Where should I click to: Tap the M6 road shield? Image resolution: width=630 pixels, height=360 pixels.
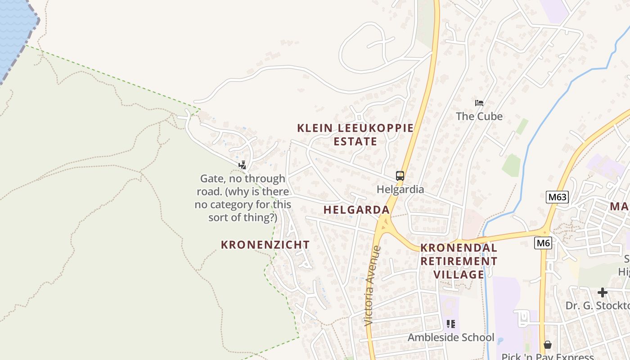tap(543, 243)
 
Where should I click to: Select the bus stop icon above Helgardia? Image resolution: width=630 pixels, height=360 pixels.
tap(400, 176)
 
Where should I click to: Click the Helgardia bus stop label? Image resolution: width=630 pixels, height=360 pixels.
tap(400, 189)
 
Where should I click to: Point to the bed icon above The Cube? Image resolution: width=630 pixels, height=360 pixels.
tap(479, 103)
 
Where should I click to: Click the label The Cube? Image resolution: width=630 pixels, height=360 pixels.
tap(479, 116)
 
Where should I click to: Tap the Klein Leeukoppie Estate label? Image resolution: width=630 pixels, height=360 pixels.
tap(355, 135)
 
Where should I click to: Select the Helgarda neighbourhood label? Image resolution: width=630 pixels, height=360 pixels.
tap(356, 210)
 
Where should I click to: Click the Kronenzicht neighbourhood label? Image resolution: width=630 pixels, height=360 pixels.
tap(265, 245)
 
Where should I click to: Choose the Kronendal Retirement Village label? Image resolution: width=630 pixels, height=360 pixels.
tap(459, 261)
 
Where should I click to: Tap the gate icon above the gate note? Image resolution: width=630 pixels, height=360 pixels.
tap(243, 165)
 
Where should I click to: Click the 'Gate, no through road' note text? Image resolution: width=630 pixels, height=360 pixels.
tap(243, 198)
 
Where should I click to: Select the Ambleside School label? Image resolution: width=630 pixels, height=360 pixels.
tap(451, 337)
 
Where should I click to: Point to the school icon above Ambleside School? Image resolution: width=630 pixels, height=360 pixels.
tap(451, 324)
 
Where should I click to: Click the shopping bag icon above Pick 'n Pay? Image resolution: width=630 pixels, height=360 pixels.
tap(547, 345)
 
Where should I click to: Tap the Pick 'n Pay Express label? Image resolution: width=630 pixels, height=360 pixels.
tap(547, 356)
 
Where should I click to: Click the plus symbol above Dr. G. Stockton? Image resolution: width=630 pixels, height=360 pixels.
tap(602, 293)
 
